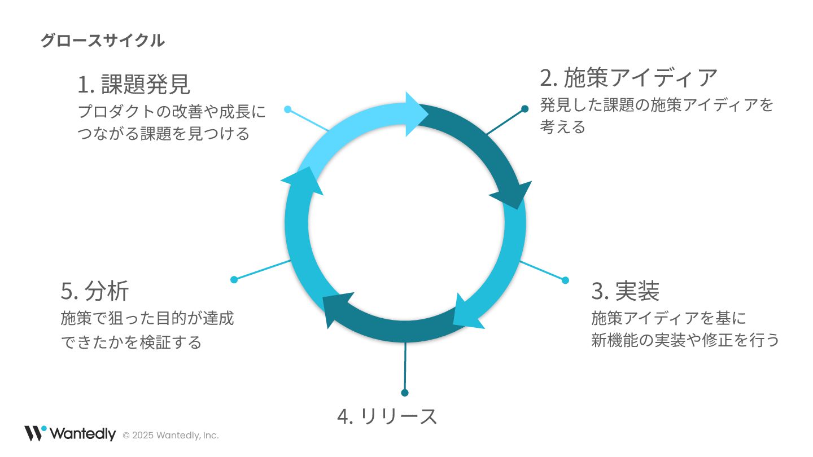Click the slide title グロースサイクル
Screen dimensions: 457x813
[102, 41]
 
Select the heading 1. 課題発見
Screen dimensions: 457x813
[134, 85]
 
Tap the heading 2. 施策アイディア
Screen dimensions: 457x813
[628, 78]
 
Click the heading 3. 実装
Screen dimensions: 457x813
[626, 291]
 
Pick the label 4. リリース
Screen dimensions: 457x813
[387, 416]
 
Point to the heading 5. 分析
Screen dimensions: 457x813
[95, 291]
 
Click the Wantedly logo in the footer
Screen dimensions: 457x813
[70, 433]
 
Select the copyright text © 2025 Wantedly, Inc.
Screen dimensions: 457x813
[171, 436]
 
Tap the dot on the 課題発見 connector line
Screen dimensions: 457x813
[288, 109]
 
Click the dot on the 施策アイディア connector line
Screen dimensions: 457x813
[525, 109]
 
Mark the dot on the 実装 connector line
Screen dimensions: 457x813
[566, 280]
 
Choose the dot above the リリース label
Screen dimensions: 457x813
[404, 393]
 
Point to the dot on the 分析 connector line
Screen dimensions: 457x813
[234, 279]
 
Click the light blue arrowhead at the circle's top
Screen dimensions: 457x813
[417, 115]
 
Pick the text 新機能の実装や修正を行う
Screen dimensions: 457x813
[685, 340]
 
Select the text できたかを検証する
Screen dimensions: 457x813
[131, 342]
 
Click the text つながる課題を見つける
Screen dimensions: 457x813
[164, 134]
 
